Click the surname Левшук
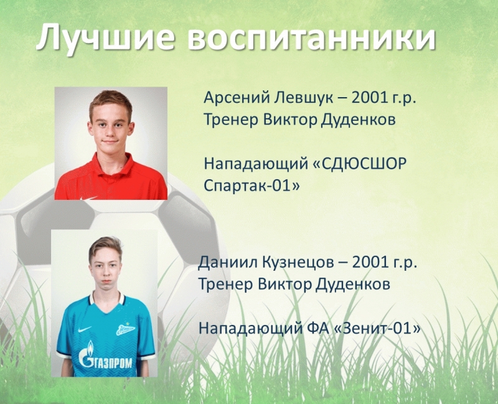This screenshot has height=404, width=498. tap(304, 98)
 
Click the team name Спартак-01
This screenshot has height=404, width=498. tap(251, 185)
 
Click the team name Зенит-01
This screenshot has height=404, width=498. tap(378, 328)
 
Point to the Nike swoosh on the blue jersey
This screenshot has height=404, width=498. tap(85, 329)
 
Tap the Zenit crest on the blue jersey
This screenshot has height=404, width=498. tap(126, 329)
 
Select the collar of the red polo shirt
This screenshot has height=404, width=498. tap(112, 164)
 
